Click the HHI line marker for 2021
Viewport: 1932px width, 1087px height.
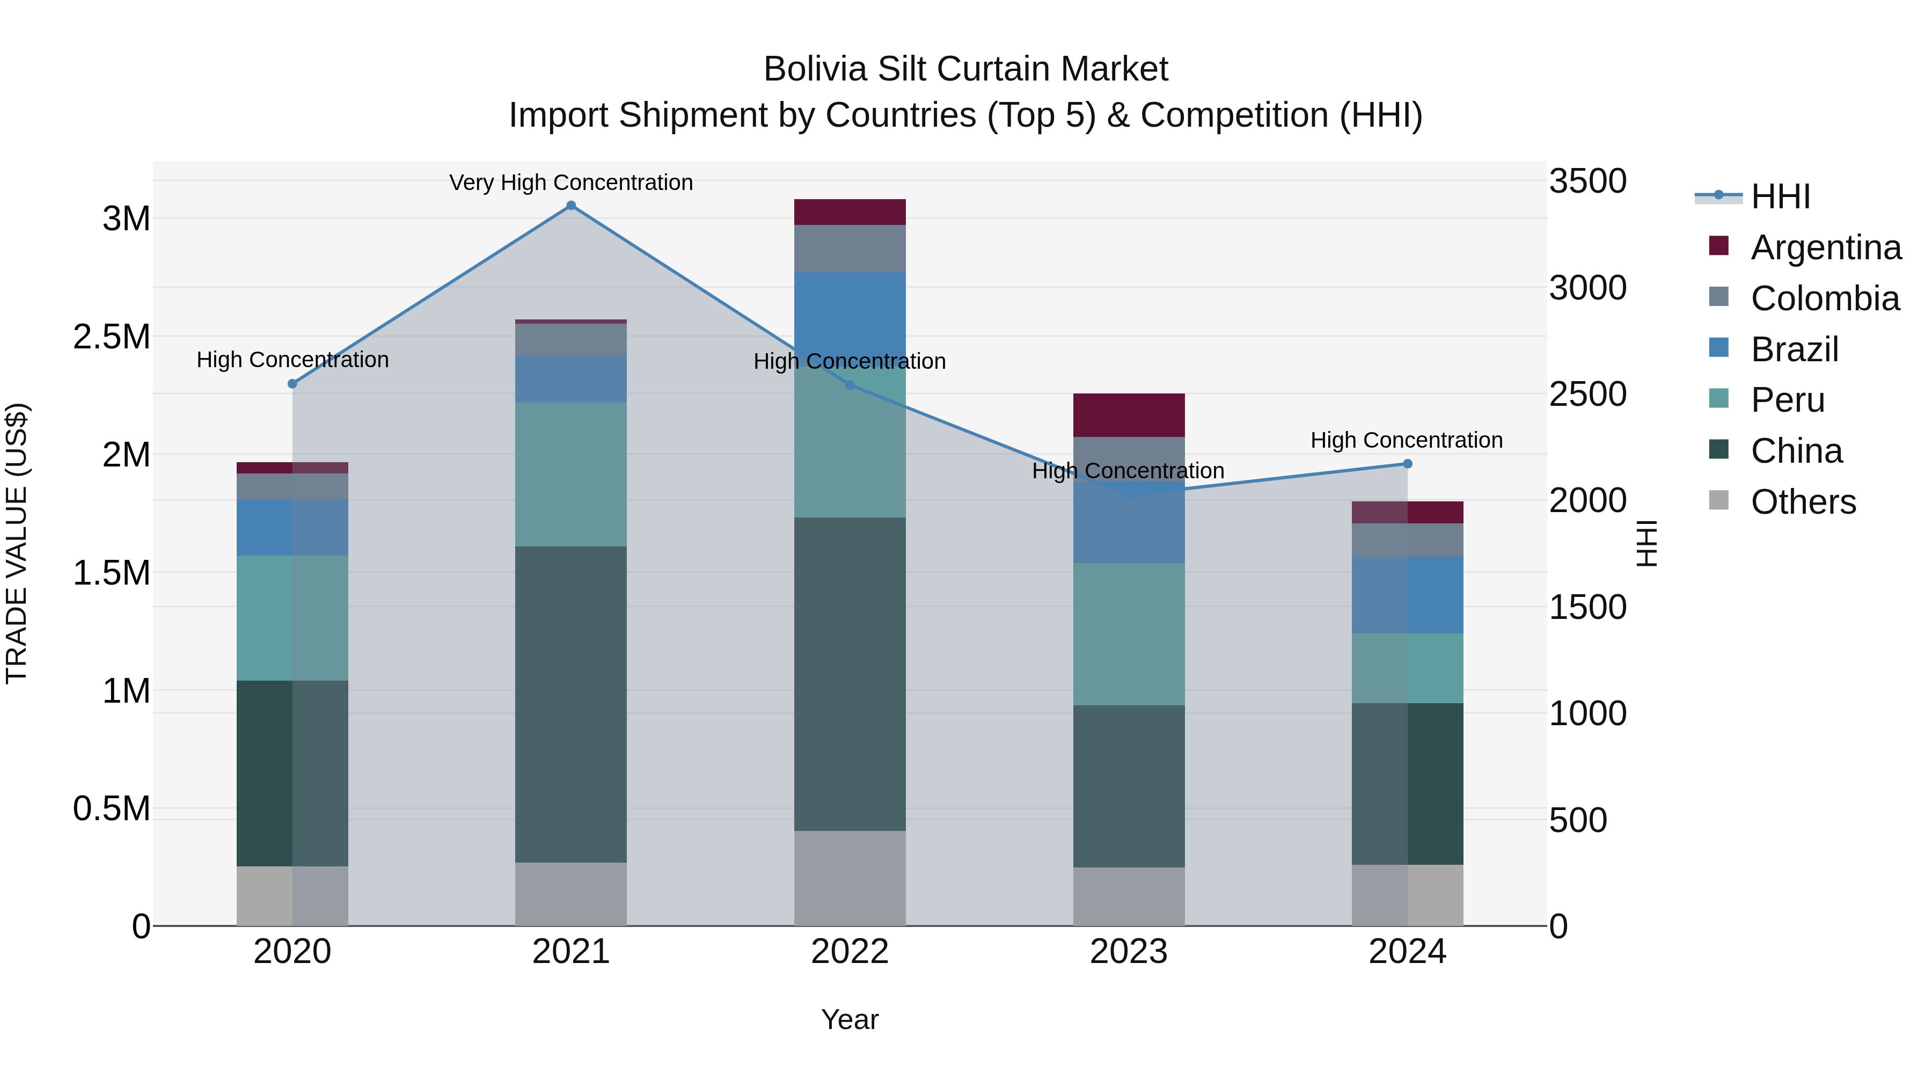coord(571,206)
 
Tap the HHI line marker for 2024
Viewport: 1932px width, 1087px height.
coord(1407,464)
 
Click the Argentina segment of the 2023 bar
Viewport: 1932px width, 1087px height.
coord(1129,415)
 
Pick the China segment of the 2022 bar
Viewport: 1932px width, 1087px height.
coord(850,674)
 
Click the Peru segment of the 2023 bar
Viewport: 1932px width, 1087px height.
coord(1129,634)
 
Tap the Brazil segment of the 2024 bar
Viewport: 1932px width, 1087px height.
coord(1407,595)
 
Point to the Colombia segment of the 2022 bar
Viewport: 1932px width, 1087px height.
coord(850,249)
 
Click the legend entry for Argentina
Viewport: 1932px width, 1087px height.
coord(1826,247)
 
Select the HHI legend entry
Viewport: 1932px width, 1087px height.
coord(1781,196)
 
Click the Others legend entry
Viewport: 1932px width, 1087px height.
coord(1803,502)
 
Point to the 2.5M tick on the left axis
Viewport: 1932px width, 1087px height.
coord(112,337)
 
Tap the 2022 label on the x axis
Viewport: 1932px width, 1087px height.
coord(850,952)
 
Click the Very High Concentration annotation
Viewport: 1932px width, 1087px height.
coord(571,183)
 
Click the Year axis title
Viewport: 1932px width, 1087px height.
coord(850,1019)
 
